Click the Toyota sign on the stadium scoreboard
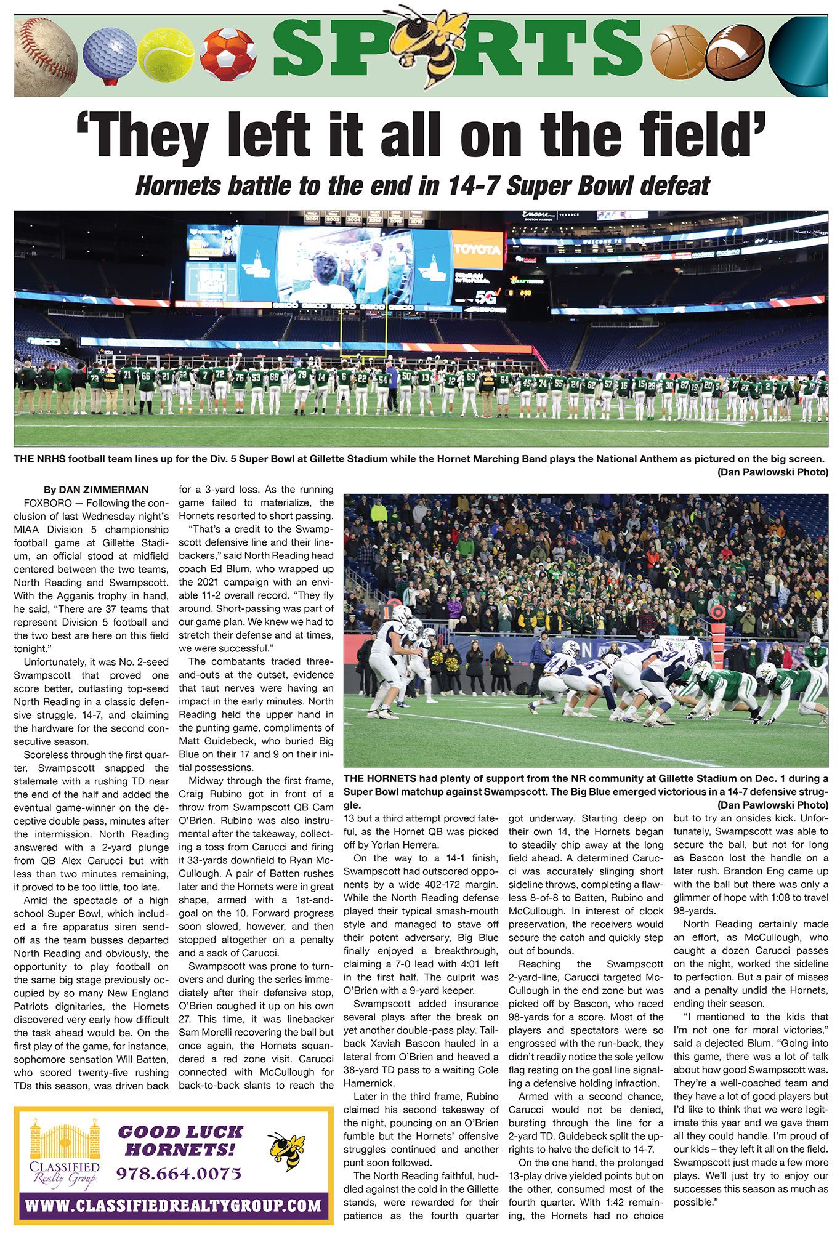click(x=477, y=249)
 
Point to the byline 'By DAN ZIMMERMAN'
click(x=96, y=490)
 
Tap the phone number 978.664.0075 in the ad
click(x=179, y=1174)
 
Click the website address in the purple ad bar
click(x=173, y=1204)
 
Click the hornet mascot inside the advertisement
click(x=287, y=1150)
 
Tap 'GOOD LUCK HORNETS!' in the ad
click(x=180, y=1140)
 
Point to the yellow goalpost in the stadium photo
click(x=363, y=320)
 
